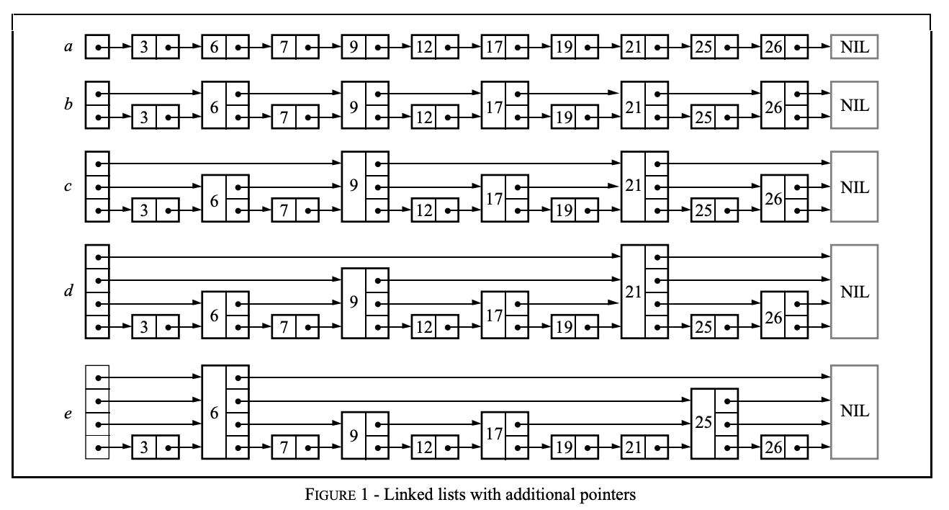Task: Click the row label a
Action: click(68, 49)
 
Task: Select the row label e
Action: click(68, 415)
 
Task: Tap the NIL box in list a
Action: click(854, 49)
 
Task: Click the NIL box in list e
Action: click(854, 412)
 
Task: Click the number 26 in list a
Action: click(771, 49)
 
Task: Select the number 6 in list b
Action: click(214, 105)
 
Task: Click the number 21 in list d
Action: click(633, 292)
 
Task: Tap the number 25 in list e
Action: click(703, 424)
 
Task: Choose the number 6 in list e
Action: click(214, 412)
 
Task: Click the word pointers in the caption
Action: click(611, 496)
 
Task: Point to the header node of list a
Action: click(97, 49)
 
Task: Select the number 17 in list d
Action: click(493, 315)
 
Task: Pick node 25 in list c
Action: click(715, 212)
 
